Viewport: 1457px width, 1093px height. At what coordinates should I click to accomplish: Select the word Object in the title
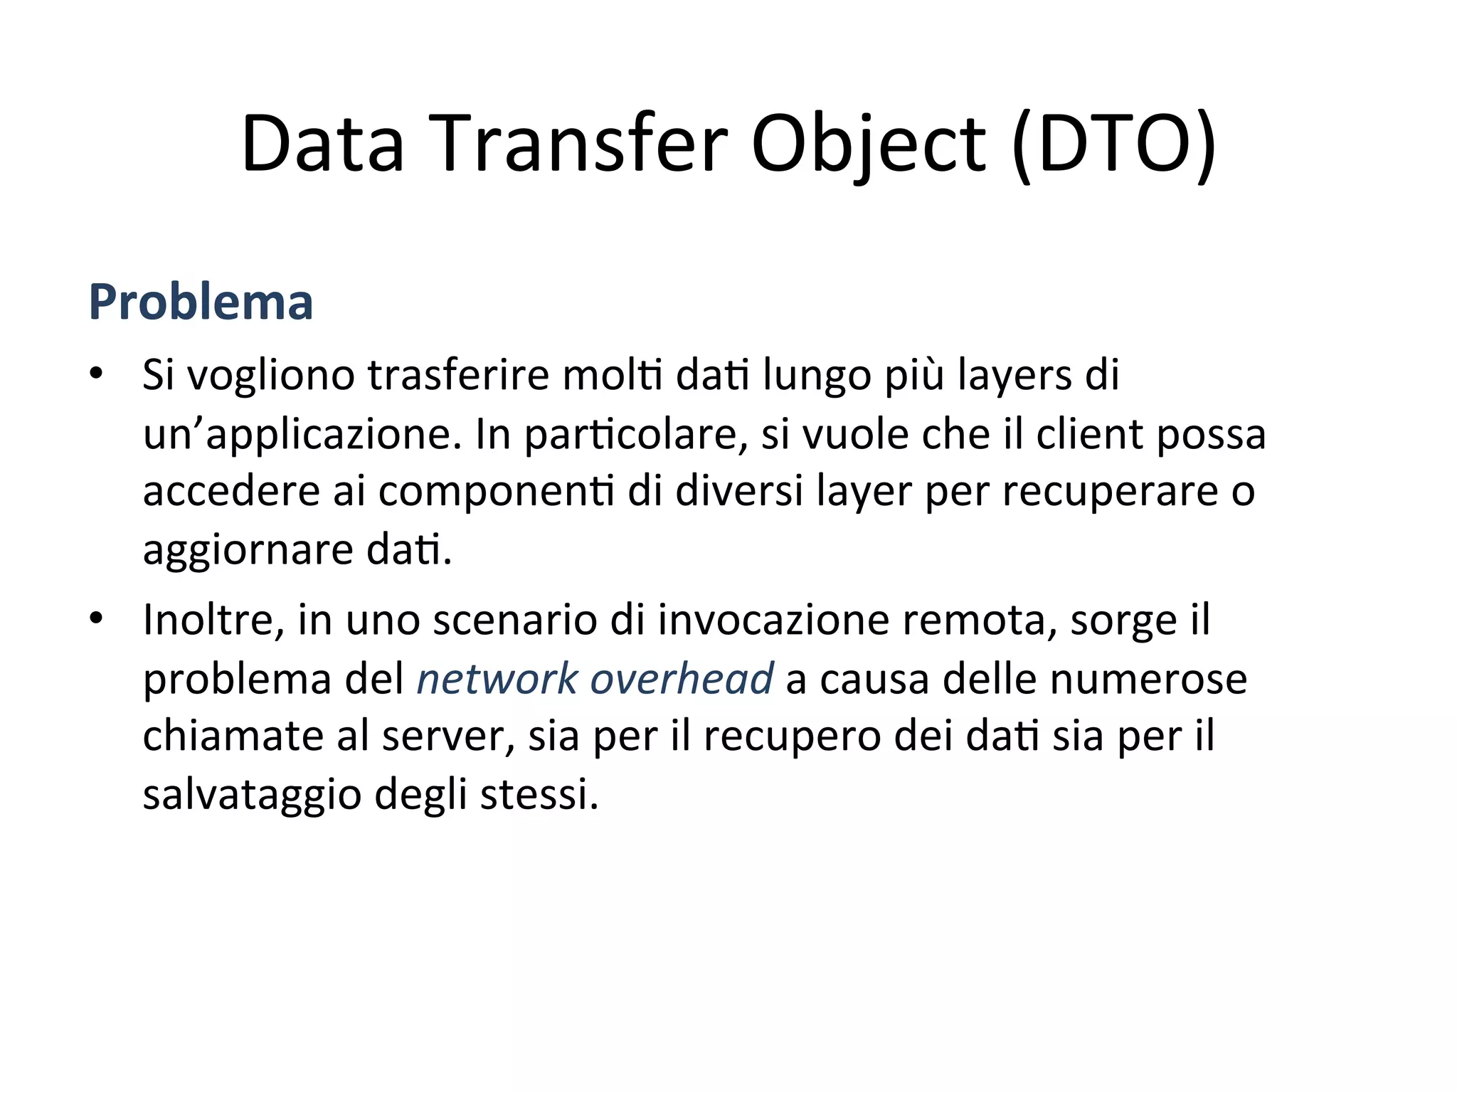869,144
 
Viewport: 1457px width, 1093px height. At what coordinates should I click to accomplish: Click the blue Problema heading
201,302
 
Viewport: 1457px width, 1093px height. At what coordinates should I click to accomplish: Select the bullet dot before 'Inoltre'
97,618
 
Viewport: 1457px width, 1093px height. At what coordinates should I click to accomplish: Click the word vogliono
270,376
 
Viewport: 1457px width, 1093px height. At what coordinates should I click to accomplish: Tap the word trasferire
458,374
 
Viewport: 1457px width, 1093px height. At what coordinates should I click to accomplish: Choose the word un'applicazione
302,435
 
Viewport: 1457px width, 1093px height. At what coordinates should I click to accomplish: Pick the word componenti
496,492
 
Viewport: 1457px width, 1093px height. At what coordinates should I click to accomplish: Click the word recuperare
1110,492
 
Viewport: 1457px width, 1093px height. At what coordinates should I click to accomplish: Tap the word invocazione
773,620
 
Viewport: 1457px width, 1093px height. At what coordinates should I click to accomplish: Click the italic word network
497,678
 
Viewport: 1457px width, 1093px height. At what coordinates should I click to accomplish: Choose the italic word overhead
682,678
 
